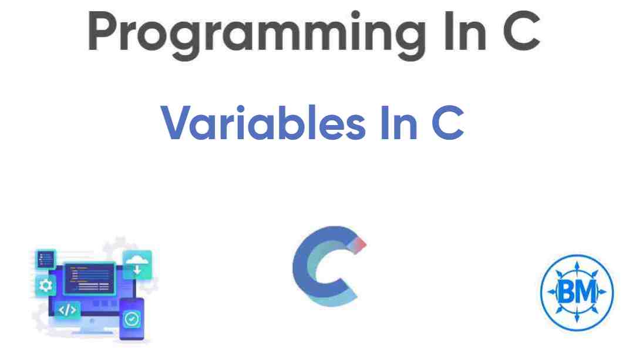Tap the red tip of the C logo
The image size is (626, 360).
359,243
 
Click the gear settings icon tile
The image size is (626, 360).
45,287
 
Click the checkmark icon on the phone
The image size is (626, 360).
132,319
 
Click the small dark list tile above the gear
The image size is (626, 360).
45,258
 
